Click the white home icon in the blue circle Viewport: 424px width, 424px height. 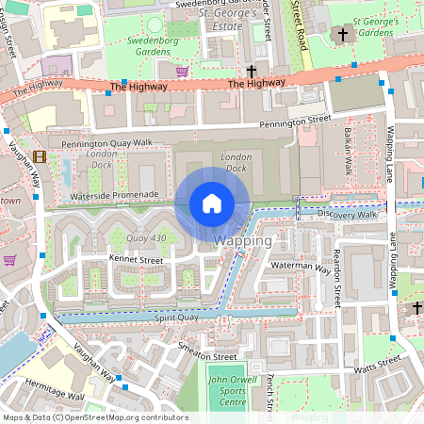[x=212, y=204]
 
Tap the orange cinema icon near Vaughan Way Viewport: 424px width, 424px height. [x=40, y=156]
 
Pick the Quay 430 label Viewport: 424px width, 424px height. [x=146, y=237]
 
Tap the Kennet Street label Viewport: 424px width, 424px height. [x=136, y=258]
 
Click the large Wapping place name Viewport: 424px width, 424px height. [x=243, y=241]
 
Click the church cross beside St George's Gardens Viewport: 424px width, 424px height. [x=342, y=35]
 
